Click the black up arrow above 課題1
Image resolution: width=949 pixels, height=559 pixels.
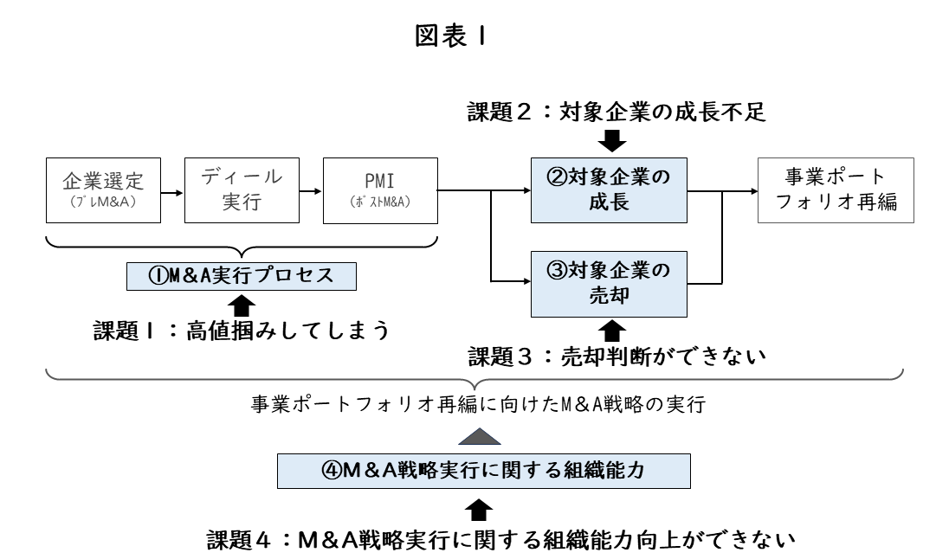[242, 303]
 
